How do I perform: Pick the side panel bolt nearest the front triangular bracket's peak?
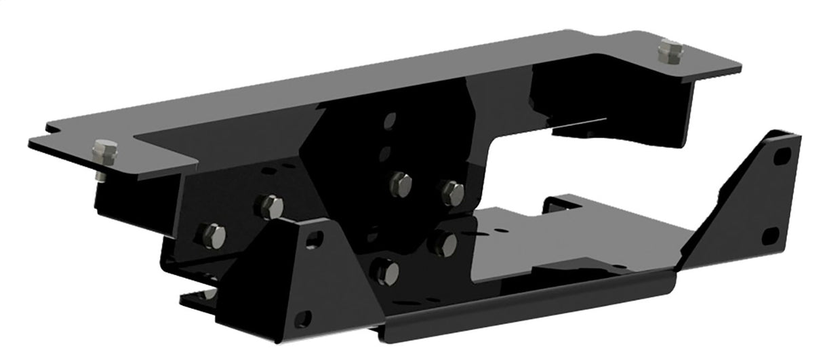pos(270,206)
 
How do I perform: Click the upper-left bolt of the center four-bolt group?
pos(401,184)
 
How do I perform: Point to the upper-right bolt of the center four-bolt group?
pos(452,193)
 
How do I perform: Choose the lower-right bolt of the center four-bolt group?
pos(444,243)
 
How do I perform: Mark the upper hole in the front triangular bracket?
pos(314,239)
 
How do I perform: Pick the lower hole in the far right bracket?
pos(769,237)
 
